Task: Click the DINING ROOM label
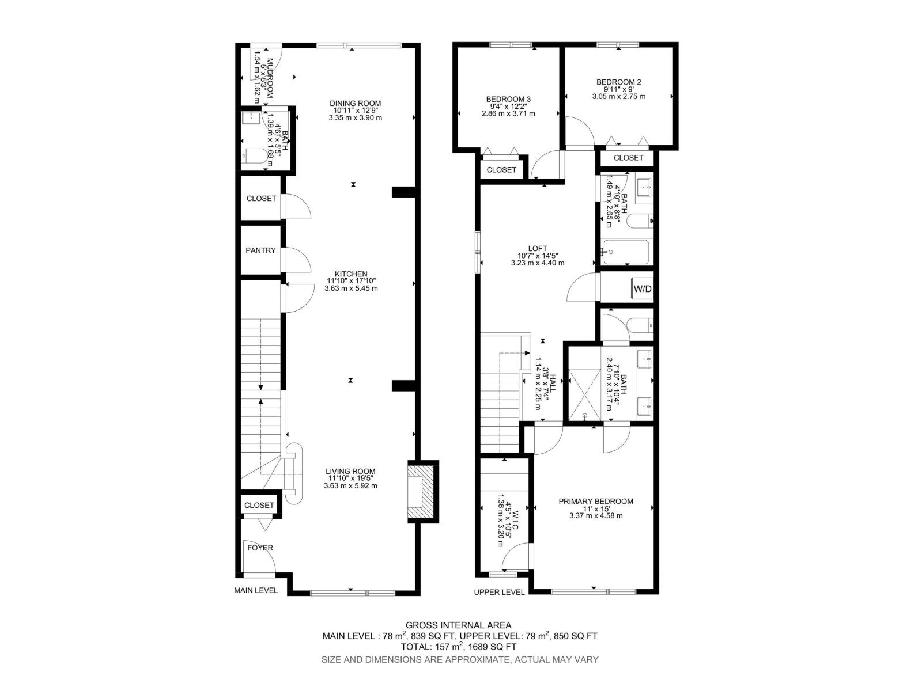(x=356, y=104)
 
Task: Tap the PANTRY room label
(x=260, y=250)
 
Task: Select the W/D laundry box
(x=643, y=288)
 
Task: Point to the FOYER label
(x=260, y=548)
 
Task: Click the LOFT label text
(x=537, y=248)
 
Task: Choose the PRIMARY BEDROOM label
(x=595, y=501)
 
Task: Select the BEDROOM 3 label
(x=508, y=99)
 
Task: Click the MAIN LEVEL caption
(x=255, y=590)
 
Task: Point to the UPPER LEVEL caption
(x=499, y=592)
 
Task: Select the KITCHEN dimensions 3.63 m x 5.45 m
(x=351, y=288)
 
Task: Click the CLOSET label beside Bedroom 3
(x=501, y=170)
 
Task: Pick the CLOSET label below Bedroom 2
(x=628, y=158)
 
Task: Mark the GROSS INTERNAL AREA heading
(x=458, y=625)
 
